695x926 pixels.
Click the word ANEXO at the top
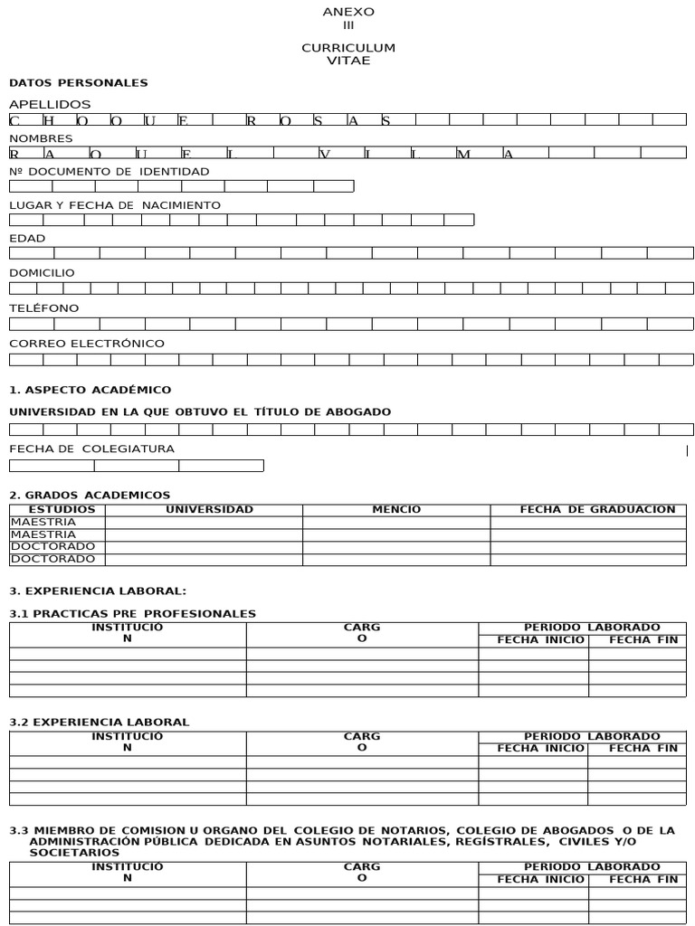(348, 12)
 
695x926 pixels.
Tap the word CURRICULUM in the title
(348, 48)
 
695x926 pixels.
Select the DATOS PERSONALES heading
(79, 82)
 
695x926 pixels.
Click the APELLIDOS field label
(50, 104)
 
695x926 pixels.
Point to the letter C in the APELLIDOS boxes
(14, 120)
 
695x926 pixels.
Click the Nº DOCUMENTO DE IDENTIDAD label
(109, 171)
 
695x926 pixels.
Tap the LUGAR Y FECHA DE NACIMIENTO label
(115, 205)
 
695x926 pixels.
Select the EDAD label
(27, 239)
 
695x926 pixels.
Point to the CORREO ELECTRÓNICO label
(87, 344)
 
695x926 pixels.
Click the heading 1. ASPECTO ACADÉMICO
(90, 390)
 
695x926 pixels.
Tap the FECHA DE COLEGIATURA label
(91, 449)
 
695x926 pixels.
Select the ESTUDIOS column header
(56, 509)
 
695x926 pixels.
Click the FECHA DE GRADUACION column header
(597, 509)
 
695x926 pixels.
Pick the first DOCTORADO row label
(52, 546)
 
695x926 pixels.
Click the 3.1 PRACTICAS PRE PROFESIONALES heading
(132, 614)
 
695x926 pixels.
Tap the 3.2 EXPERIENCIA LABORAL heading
(99, 722)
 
